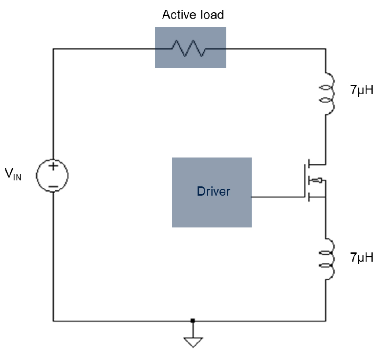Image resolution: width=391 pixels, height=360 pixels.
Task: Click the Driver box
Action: point(212,192)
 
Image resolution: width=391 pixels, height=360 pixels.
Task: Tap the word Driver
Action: point(214,191)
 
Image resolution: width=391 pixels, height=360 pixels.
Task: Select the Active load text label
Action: point(193,15)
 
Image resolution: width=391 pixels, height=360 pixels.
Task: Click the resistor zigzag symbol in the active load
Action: point(189,48)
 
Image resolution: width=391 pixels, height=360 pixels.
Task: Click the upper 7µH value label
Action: point(362,90)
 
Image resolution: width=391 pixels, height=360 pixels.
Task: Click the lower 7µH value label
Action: point(362,257)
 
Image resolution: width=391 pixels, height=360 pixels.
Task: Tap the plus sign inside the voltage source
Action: point(53,166)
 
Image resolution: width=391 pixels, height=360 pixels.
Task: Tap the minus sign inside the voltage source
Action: point(53,186)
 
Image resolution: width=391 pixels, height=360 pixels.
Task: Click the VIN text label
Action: point(13,174)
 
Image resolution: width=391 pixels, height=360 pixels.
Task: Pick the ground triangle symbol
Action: point(193,342)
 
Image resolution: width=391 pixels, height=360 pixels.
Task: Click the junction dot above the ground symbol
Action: point(193,320)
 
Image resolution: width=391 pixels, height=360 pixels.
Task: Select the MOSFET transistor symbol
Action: point(315,180)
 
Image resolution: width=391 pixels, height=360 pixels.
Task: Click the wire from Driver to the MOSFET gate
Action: point(278,197)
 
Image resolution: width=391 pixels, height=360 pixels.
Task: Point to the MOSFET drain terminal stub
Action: point(317,164)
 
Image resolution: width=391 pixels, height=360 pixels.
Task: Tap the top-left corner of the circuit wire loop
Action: point(53,49)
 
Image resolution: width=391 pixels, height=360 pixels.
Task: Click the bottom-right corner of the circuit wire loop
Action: point(326,321)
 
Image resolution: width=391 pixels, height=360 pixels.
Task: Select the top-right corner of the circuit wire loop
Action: point(326,49)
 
